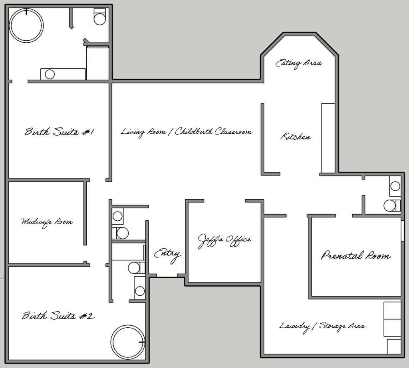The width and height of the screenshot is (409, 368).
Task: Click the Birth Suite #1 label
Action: click(x=59, y=132)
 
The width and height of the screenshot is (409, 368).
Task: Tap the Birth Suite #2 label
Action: click(x=58, y=316)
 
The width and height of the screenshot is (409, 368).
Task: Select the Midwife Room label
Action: click(x=47, y=222)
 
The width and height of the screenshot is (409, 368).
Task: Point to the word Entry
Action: click(x=167, y=254)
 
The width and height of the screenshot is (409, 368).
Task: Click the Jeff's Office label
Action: click(x=224, y=241)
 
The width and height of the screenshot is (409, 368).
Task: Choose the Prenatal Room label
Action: click(x=356, y=255)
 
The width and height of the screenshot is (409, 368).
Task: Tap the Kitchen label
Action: click(x=296, y=137)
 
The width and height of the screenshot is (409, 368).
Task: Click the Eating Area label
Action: click(x=299, y=63)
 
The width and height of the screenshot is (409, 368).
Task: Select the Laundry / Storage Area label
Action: click(x=322, y=326)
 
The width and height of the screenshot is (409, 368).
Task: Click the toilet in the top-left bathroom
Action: click(x=99, y=16)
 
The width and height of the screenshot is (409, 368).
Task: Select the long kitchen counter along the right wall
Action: click(x=328, y=138)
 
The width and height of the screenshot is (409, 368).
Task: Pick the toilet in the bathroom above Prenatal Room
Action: click(x=392, y=206)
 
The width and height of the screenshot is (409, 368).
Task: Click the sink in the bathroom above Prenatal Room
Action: click(x=395, y=186)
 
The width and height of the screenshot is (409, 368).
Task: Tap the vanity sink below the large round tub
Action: click(x=50, y=74)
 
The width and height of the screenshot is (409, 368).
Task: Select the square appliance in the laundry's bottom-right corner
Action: click(x=394, y=346)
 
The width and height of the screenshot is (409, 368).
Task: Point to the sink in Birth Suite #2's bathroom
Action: click(x=140, y=288)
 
